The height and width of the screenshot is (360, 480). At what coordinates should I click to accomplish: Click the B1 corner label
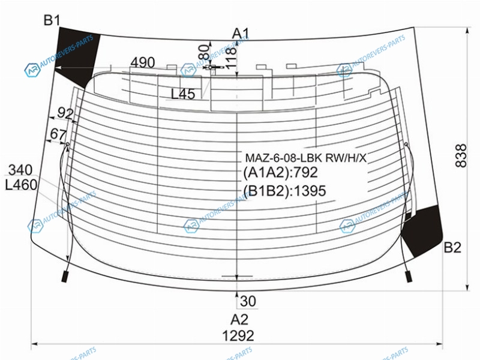coord(52,20)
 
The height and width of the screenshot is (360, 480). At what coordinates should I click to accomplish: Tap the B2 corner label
coord(452,247)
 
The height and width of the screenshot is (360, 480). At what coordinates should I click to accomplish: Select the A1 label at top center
coord(241,33)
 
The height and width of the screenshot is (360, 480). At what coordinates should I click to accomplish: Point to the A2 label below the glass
coord(239,320)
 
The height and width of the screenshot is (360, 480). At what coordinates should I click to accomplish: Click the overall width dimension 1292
coord(238,336)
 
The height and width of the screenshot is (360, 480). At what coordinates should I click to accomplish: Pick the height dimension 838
coord(461,156)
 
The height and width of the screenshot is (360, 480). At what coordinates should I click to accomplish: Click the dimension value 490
coord(143,63)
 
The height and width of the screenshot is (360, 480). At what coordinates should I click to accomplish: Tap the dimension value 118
coord(232,57)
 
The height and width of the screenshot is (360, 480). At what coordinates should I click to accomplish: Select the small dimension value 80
coord(204,52)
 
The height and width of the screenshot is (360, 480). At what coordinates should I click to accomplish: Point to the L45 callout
coord(183,94)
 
